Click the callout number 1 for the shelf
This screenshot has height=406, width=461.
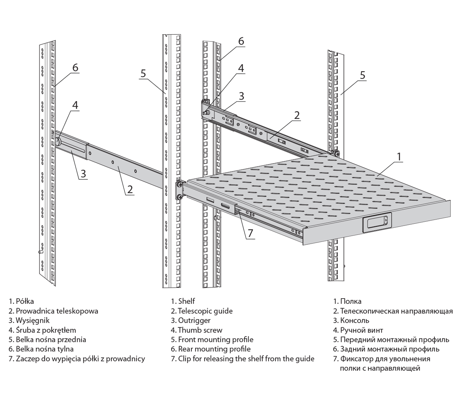click(x=399, y=156)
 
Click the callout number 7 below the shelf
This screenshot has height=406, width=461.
click(x=250, y=233)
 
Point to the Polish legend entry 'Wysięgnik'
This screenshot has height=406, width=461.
click(x=29, y=320)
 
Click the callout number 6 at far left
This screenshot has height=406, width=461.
click(x=75, y=68)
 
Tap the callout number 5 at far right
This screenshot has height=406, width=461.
click(x=363, y=75)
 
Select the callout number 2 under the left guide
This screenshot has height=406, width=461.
click(x=130, y=189)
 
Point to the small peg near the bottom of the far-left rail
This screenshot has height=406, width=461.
click(x=40, y=252)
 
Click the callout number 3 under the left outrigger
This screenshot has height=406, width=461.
click(x=83, y=173)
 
